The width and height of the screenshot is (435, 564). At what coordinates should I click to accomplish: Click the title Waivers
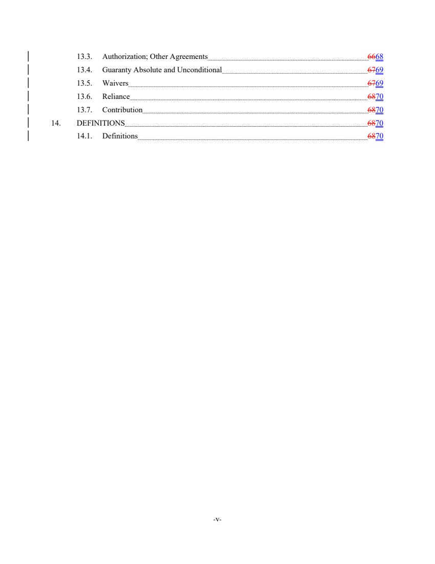[x=115, y=83]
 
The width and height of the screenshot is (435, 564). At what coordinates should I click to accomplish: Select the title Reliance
[x=116, y=96]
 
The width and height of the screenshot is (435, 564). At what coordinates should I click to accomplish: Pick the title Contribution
[x=122, y=110]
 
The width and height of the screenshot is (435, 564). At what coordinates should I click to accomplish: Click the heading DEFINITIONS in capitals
[x=100, y=123]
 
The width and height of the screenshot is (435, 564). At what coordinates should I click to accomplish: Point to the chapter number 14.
[x=56, y=123]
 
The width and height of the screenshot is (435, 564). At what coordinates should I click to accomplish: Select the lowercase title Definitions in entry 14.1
[x=120, y=136]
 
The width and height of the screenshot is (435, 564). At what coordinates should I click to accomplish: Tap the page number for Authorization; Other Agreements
[x=379, y=56]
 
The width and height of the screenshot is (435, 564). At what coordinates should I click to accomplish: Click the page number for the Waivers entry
[x=379, y=83]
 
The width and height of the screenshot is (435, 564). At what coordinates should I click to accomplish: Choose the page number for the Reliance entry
[x=380, y=96]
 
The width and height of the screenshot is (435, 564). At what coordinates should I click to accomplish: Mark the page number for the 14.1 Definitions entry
[x=380, y=136]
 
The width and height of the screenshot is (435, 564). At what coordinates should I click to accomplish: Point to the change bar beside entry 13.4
[x=28, y=70]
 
